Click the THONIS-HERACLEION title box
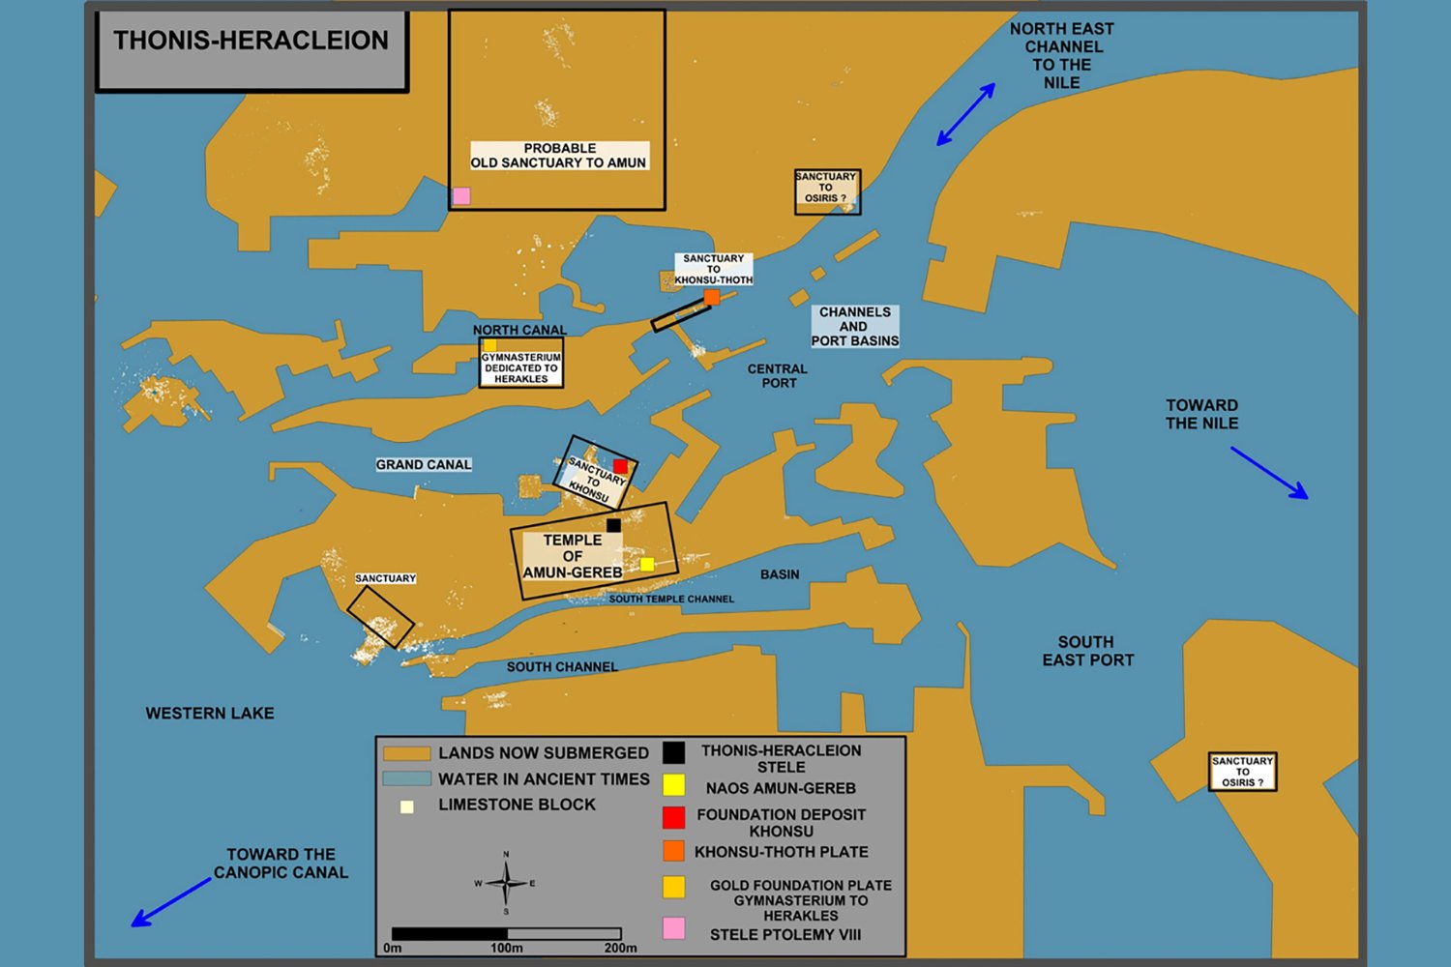tap(252, 50)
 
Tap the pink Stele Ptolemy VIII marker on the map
tap(461, 195)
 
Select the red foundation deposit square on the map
tap(621, 466)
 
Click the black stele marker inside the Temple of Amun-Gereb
tap(613, 525)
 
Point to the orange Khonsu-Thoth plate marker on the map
tap(712, 297)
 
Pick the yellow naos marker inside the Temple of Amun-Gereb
tap(647, 564)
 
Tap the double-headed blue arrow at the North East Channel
tap(965, 115)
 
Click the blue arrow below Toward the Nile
tap(1269, 473)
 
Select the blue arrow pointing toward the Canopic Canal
tap(171, 902)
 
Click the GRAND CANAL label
tap(424, 464)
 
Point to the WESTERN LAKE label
tap(210, 713)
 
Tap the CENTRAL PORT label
tap(778, 375)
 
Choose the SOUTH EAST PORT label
tap(1087, 651)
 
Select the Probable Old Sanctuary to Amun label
tap(559, 156)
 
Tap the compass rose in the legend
tap(507, 883)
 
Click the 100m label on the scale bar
tap(507, 949)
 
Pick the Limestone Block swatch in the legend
tap(407, 807)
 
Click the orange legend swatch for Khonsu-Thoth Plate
tap(673, 851)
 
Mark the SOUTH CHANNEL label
tap(562, 666)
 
